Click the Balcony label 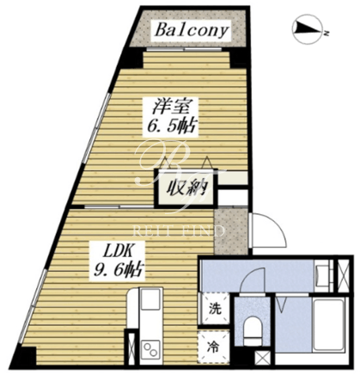(x=192, y=31)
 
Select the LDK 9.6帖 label (x=118, y=261)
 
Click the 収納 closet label (x=186, y=188)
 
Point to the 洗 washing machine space (x=215, y=309)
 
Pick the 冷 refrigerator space (x=214, y=347)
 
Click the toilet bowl (x=252, y=329)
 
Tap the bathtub (x=328, y=324)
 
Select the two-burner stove (x=151, y=348)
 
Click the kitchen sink (x=150, y=299)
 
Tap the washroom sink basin (x=320, y=274)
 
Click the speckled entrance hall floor (x=231, y=231)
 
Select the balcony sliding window (x=184, y=49)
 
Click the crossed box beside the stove (x=131, y=347)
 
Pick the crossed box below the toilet (x=262, y=357)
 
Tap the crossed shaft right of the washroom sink (x=343, y=275)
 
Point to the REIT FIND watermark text (x=178, y=231)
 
